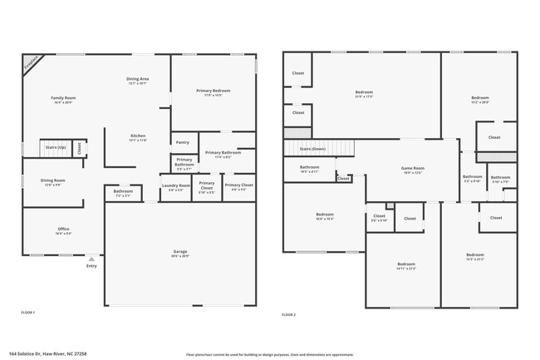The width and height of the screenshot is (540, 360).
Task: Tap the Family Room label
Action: (x=57, y=99)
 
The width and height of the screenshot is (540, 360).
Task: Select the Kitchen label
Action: (x=138, y=136)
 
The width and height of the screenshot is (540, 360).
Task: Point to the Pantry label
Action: (x=183, y=142)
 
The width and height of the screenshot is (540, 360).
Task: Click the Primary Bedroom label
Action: (x=214, y=91)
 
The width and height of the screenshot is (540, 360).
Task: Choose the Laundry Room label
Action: (x=175, y=185)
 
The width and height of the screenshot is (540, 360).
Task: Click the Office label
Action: (x=63, y=229)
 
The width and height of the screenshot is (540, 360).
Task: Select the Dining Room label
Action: (x=54, y=180)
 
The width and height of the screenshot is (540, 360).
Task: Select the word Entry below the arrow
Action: (x=91, y=266)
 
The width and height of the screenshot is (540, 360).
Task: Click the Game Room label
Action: (x=414, y=169)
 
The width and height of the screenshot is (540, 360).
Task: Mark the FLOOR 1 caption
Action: (x=28, y=313)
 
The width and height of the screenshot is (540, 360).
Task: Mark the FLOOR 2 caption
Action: (x=288, y=314)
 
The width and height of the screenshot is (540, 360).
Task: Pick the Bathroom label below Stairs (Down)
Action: (x=310, y=167)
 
